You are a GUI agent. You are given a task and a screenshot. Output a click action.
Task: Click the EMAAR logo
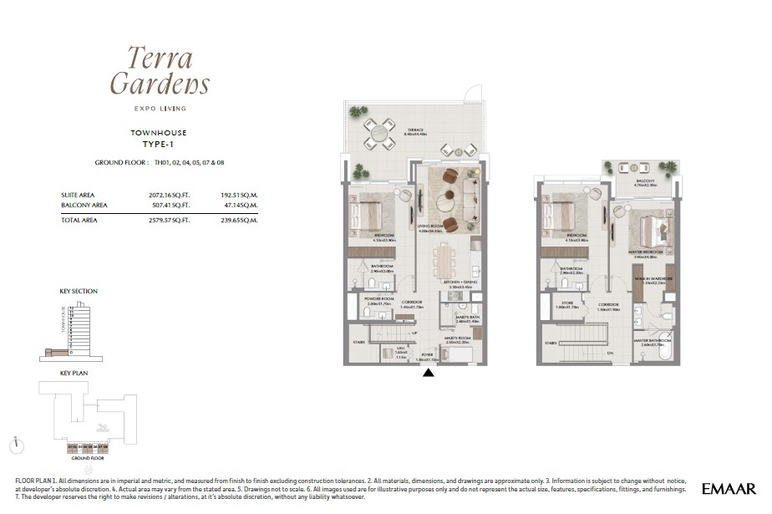click(729, 488)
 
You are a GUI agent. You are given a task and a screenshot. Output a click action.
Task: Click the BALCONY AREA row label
click(84, 204)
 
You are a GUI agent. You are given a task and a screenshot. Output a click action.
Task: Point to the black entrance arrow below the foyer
click(429, 374)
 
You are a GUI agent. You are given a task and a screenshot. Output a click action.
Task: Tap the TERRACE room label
click(415, 130)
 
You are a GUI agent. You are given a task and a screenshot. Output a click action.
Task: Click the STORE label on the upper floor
click(568, 304)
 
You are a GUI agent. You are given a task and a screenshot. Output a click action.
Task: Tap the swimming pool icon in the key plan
click(101, 427)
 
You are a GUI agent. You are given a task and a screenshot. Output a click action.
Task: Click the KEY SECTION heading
click(79, 291)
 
